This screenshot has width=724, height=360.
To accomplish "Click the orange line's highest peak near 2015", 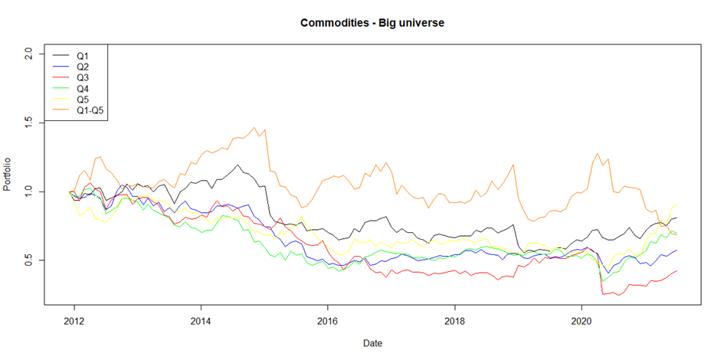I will (254, 128).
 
